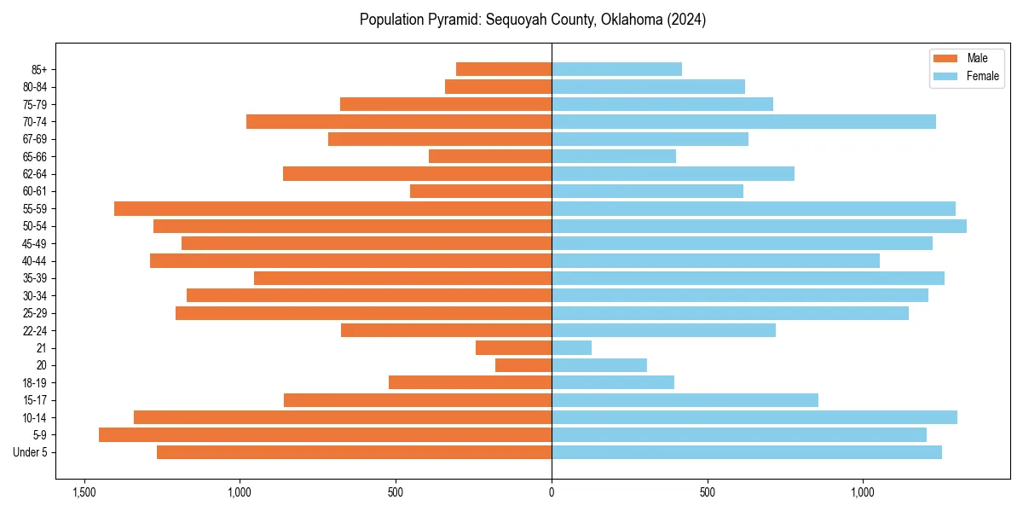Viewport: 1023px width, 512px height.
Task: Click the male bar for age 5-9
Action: tap(325, 435)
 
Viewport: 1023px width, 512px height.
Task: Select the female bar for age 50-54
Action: tap(759, 226)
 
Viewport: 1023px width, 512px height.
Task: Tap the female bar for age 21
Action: tap(571, 348)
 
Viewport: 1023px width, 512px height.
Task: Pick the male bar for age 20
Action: tap(523, 365)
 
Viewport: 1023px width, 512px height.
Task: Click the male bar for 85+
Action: tap(504, 69)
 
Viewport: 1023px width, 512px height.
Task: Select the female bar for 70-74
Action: tap(743, 122)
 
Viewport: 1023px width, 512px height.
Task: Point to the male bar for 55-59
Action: tap(332, 209)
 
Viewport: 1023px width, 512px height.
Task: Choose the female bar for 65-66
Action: tap(614, 156)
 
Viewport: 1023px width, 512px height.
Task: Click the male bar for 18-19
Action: tap(470, 382)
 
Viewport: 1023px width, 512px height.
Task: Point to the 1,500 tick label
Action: tap(84, 493)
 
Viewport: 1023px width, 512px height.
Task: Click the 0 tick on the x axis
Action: tap(552, 493)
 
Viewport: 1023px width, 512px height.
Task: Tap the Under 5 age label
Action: tap(31, 452)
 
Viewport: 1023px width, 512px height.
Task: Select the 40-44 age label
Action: tap(34, 261)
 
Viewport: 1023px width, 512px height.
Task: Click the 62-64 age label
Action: tap(34, 174)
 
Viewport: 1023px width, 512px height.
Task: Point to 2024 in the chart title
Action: tap(687, 20)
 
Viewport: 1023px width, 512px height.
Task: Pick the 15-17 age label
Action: tap(34, 400)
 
